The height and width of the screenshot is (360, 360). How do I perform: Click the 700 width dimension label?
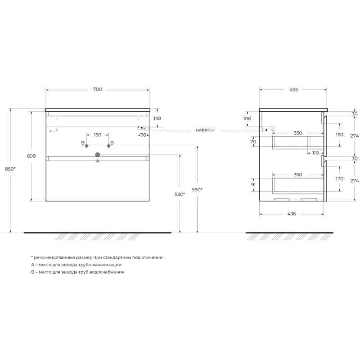pyautogui.click(x=98, y=89)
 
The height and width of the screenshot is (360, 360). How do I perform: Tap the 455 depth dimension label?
pyautogui.click(x=293, y=90)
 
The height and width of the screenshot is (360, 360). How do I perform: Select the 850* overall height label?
pyautogui.click(x=10, y=169)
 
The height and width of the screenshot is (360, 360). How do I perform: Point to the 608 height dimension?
pyautogui.click(x=31, y=156)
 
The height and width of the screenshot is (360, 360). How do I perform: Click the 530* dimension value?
pyautogui.click(x=180, y=194)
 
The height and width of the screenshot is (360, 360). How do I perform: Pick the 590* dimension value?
pyautogui.click(x=197, y=189)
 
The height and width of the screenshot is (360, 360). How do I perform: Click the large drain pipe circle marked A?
pyautogui.click(x=98, y=155)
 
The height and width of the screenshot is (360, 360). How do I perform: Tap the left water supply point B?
pyautogui.click(x=86, y=146)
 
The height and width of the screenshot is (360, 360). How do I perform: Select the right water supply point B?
pyautogui.click(x=108, y=146)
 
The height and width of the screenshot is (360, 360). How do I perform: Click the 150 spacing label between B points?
pyautogui.click(x=98, y=135)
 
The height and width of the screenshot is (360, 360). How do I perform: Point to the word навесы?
pyautogui.click(x=205, y=130)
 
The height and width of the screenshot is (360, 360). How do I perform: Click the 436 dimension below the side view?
pyautogui.click(x=292, y=214)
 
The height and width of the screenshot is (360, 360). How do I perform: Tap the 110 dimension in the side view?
pyautogui.click(x=315, y=153)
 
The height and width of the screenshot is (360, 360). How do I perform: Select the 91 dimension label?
pyautogui.click(x=253, y=184)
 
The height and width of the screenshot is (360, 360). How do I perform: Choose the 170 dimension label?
pyautogui.click(x=340, y=179)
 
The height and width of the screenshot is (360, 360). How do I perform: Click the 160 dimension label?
pyautogui.click(x=340, y=135)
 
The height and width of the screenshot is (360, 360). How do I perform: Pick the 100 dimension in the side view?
pyautogui.click(x=247, y=119)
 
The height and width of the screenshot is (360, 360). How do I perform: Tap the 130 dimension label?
pyautogui.click(x=157, y=118)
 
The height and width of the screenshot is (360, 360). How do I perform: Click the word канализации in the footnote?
pyautogui.click(x=107, y=265)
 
